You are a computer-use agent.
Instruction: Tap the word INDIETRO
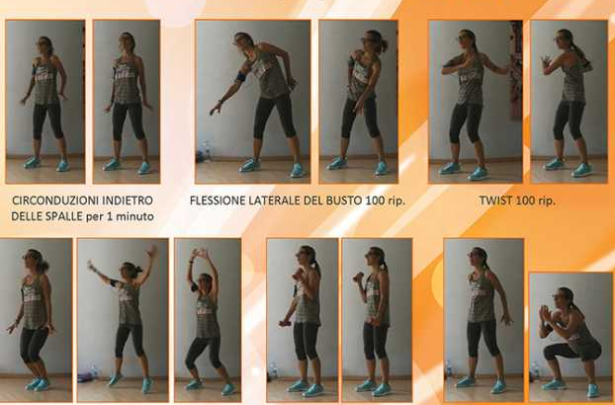(128, 201)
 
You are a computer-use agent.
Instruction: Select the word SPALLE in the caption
(63, 216)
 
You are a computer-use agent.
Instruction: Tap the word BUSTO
(344, 201)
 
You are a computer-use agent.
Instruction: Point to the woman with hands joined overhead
(205, 321)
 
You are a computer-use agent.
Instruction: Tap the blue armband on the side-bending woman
(241, 76)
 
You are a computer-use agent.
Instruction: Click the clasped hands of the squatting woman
(545, 313)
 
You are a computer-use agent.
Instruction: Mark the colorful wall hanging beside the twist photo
(516, 70)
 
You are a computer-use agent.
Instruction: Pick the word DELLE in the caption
(26, 216)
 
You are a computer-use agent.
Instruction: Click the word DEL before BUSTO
(313, 201)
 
